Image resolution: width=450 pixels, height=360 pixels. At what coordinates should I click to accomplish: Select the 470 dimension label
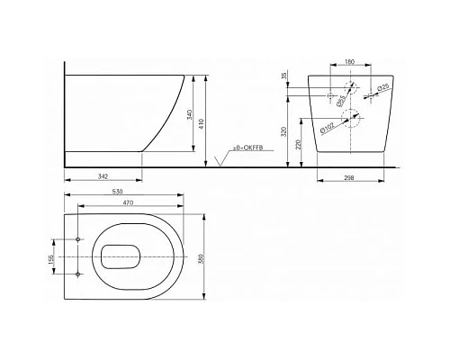coord(128,204)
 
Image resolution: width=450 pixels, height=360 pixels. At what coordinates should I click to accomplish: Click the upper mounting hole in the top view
coord(79,239)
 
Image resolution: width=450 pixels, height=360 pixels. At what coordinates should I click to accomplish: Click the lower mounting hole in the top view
coord(79,273)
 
